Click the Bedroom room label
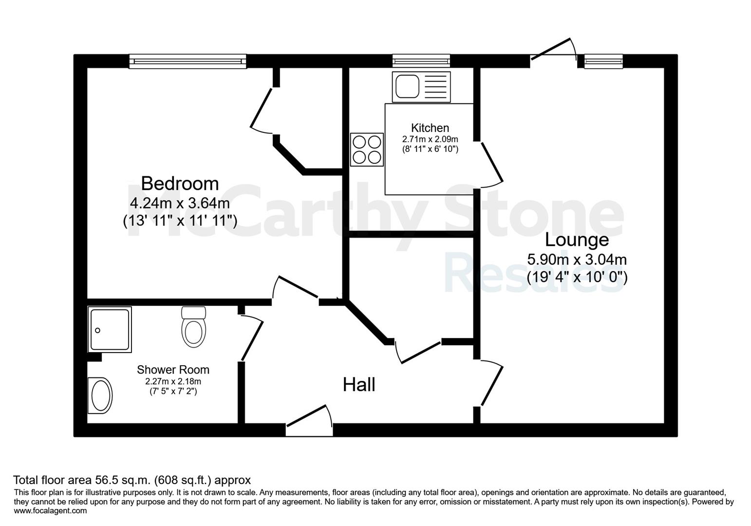click(x=180, y=184)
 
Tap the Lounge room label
click(x=577, y=240)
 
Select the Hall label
click(x=359, y=385)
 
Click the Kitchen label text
click(x=430, y=128)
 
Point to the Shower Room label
click(x=173, y=370)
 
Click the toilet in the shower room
click(x=193, y=326)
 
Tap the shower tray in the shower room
click(x=110, y=330)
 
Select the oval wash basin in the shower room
click(x=100, y=395)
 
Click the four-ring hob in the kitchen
click(x=367, y=150)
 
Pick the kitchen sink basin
click(x=407, y=87)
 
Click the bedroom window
click(x=188, y=61)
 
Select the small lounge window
click(x=603, y=61)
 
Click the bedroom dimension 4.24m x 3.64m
click(x=180, y=203)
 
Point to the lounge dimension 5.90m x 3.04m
click(x=577, y=260)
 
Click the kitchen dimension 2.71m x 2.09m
click(x=430, y=139)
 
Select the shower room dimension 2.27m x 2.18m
click(x=173, y=381)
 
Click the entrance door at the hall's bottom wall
click(x=309, y=421)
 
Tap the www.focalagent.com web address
click(x=50, y=511)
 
